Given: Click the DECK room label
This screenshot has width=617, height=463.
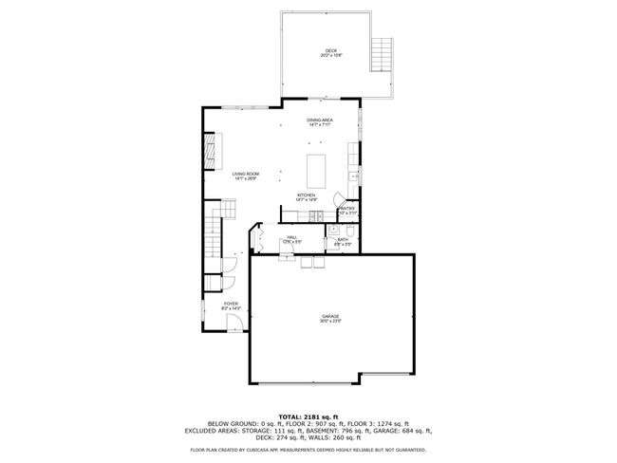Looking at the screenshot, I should point(329,52).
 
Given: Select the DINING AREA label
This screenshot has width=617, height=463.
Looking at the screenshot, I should point(319,121).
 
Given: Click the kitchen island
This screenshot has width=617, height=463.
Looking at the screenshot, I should point(317,171).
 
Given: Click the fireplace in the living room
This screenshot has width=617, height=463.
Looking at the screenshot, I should point(211,152).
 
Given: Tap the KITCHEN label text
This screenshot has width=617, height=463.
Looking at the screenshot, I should point(306,197).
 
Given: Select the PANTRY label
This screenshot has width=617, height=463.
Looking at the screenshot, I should point(346,210).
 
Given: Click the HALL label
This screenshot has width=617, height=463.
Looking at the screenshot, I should point(291,239).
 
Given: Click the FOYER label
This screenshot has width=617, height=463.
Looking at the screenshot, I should point(231,306).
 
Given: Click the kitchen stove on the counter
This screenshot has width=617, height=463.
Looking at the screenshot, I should point(353,176).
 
